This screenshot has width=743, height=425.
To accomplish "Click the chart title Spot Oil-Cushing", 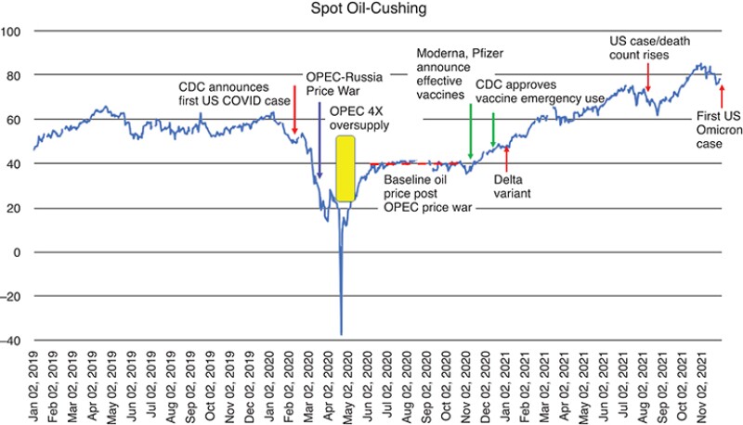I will pyautogui.click(x=371, y=11).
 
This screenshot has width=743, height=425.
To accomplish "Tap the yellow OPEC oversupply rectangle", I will pyautogui.click(x=345, y=168).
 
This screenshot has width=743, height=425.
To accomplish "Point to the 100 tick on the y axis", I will pyautogui.click(x=13, y=31).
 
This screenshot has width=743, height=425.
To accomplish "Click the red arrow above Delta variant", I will pyautogui.click(x=506, y=155).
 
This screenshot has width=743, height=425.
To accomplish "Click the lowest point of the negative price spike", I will pyautogui.click(x=341, y=334).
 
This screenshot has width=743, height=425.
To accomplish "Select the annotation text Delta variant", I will pyautogui.click(x=511, y=186).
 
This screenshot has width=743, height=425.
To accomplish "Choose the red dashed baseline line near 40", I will pyautogui.click(x=418, y=162).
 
